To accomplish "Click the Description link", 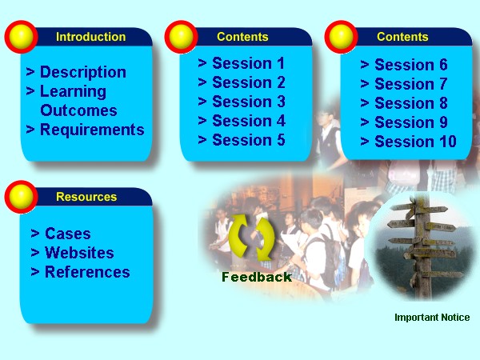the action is click(83, 73).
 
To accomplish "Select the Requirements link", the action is click(92, 130).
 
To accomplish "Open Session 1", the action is click(249, 63).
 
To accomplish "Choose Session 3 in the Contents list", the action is click(249, 102).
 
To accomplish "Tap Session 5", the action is click(249, 140).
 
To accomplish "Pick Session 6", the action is click(411, 65).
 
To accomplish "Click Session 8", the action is click(411, 103).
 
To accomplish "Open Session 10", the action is click(415, 142).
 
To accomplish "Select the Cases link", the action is click(68, 234).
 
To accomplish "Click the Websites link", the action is click(79, 253).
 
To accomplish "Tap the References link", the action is click(87, 272).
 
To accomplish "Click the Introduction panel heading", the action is click(91, 37).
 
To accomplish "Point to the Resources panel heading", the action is click(86, 197).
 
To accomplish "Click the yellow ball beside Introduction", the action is click(21, 37).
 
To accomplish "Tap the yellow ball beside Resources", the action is click(21, 197).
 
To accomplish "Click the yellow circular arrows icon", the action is click(252, 237).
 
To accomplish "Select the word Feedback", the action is click(257, 277).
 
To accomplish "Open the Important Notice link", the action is click(432, 317).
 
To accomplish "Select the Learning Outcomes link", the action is click(78, 101).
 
